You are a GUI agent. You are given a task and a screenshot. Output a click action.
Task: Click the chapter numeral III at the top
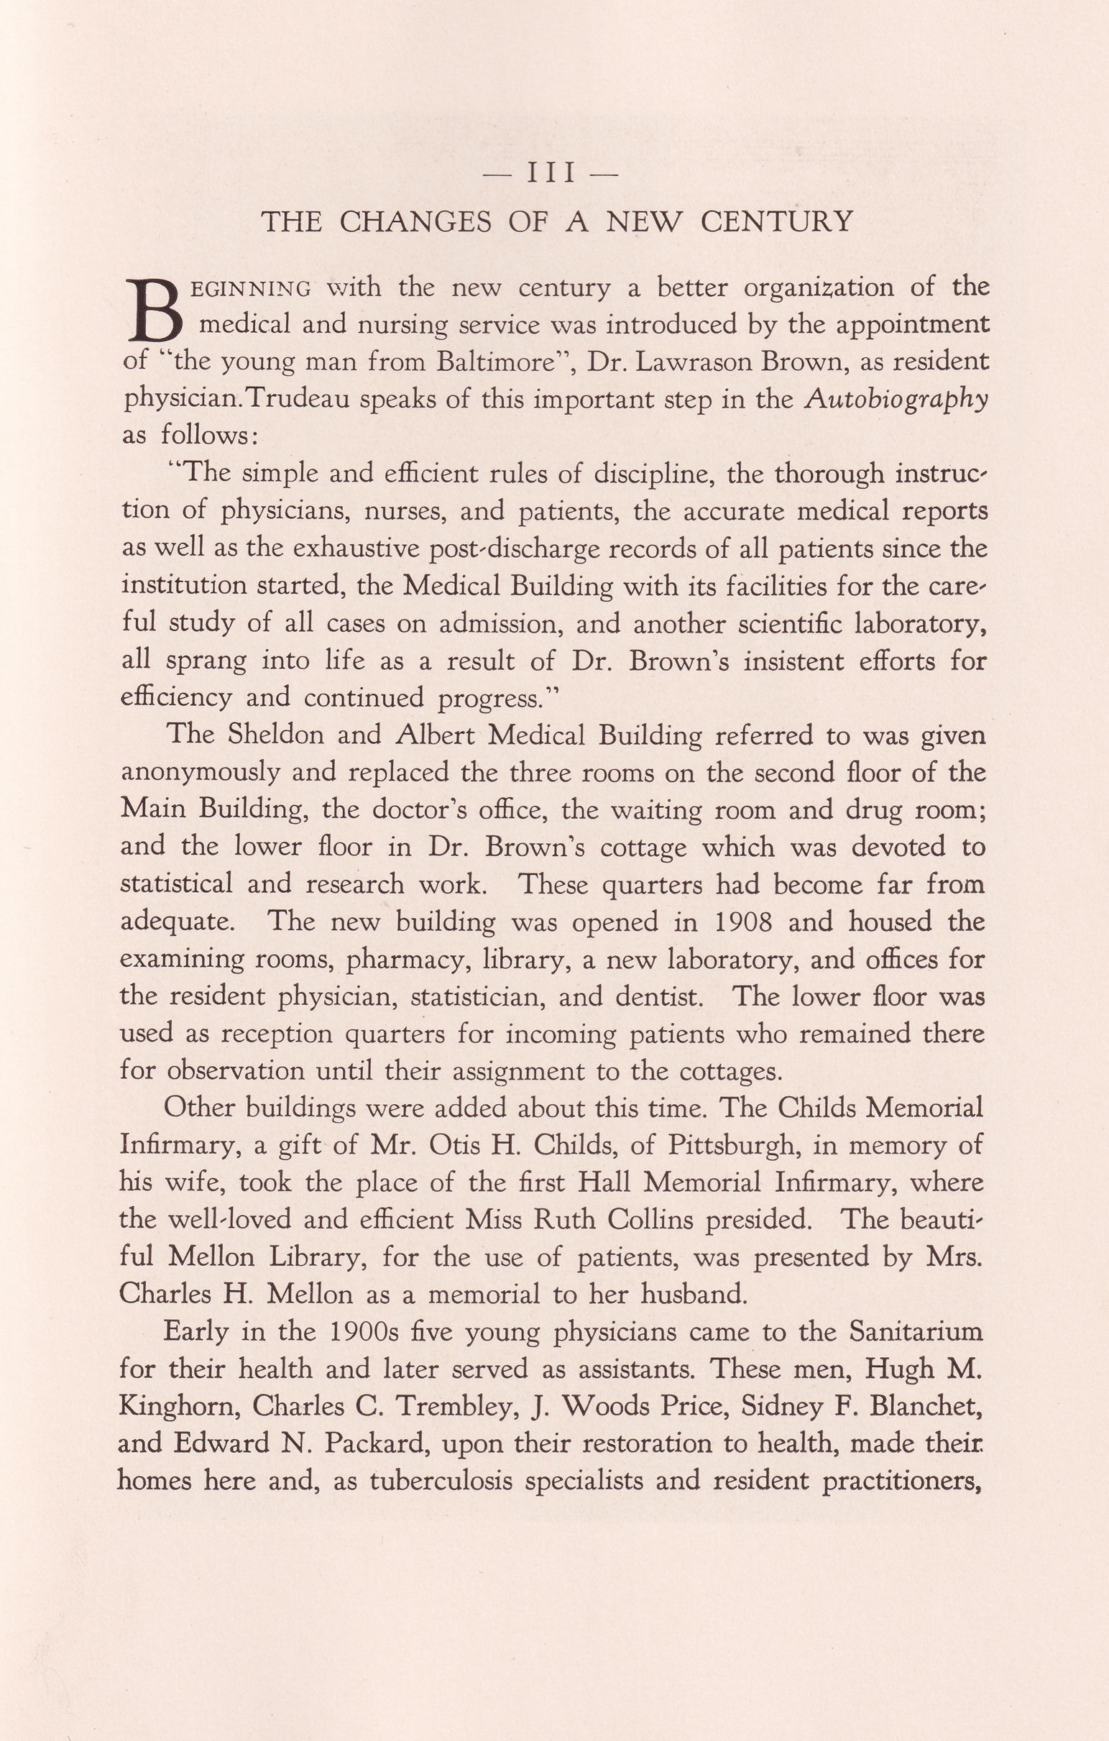tap(551, 173)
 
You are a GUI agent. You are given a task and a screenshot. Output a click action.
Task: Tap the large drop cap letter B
tap(155, 310)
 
